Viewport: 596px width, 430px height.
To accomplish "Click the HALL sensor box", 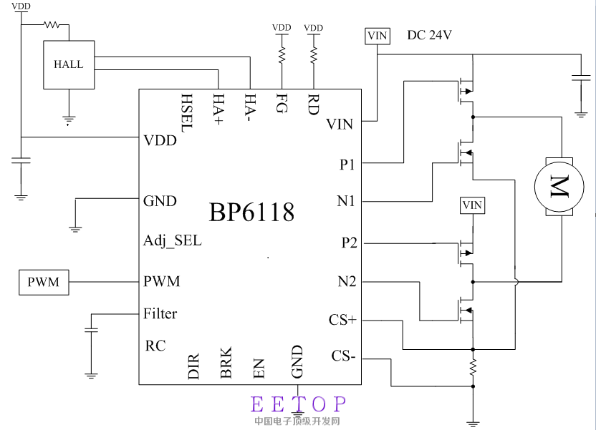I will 69,64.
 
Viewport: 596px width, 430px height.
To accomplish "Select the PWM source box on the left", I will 44,283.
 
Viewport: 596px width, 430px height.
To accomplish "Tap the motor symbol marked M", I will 554,186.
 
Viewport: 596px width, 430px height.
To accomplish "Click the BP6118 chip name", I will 251,212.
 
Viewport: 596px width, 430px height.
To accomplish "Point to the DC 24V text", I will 429,35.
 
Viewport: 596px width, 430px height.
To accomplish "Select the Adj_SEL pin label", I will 173,240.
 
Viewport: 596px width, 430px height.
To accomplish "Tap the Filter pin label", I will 160,313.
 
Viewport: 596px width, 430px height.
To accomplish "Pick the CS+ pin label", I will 342,320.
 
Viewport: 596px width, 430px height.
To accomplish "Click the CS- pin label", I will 343,356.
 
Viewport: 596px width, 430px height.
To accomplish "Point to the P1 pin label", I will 347,165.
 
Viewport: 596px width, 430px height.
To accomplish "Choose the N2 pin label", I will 347,282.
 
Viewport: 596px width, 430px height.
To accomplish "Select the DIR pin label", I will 193,364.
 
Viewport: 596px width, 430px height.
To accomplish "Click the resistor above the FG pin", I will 282,54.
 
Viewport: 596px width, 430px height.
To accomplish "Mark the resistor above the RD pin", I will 313,54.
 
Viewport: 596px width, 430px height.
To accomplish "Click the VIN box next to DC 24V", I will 377,36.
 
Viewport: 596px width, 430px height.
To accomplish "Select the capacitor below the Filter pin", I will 91,330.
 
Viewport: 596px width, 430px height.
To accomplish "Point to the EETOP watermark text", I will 299,405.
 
